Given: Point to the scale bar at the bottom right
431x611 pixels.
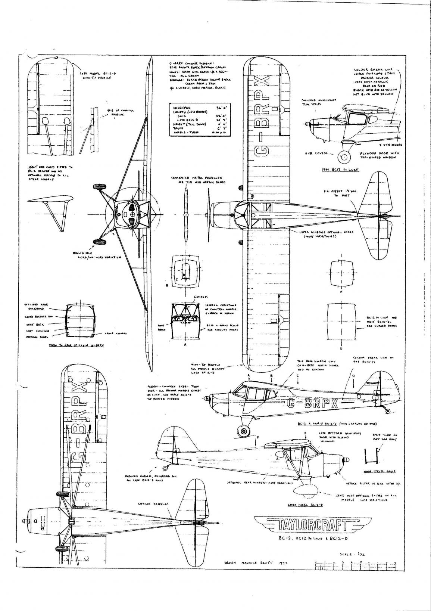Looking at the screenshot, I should (355, 568).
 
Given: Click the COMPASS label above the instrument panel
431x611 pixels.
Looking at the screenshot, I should (200, 297).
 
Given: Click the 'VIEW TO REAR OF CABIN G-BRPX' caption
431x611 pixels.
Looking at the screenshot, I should (76, 346).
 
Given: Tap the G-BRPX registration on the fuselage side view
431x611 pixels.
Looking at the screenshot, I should (313, 403).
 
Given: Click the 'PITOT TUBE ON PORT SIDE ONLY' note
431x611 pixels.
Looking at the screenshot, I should (382, 437).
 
